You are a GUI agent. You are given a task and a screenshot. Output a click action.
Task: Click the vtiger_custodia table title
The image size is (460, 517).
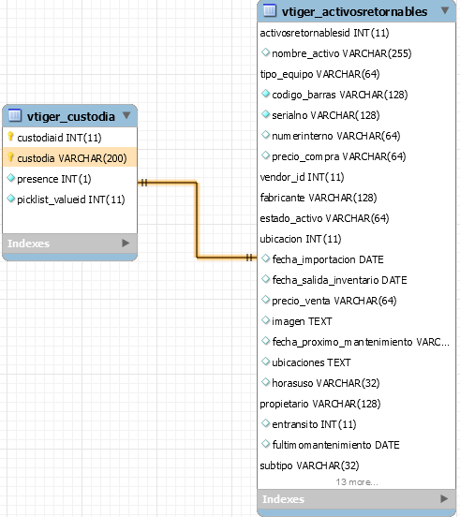pyautogui.click(x=71, y=117)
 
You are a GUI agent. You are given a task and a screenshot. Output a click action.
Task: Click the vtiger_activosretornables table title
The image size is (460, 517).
pyautogui.click(x=354, y=12)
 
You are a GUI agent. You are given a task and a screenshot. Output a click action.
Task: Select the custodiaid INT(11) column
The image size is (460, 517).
pyautogui.click(x=59, y=138)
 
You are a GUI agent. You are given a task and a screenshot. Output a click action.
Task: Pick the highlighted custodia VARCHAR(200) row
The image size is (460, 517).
pyautogui.click(x=70, y=157)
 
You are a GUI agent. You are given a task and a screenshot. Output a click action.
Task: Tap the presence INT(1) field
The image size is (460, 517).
pyautogui.click(x=54, y=179)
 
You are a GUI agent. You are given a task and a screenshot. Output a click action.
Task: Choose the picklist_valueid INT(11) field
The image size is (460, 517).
pyautogui.click(x=71, y=199)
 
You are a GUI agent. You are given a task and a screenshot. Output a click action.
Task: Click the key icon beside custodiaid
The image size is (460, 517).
pyautogui.click(x=10, y=137)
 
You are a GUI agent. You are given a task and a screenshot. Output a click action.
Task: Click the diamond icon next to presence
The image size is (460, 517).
pyautogui.click(x=11, y=178)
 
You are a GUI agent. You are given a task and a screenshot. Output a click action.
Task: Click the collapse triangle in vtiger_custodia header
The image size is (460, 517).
pyautogui.click(x=126, y=115)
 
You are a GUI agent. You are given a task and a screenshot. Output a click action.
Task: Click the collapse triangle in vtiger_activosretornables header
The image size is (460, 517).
pyautogui.click(x=445, y=10)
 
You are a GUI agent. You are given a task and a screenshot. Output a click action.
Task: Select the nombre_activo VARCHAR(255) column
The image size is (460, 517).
pyautogui.click(x=342, y=53)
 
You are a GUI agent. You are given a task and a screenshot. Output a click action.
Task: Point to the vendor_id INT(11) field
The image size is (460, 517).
pyautogui.click(x=302, y=177)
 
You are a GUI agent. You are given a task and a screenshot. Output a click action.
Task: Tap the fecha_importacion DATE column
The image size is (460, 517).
pyautogui.click(x=328, y=259)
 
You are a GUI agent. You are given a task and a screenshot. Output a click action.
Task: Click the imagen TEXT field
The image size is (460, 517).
pyautogui.click(x=302, y=321)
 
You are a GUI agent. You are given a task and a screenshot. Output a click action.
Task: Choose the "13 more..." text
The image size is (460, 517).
pyautogui.click(x=357, y=482)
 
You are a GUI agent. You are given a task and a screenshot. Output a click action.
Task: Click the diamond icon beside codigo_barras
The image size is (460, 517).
pyautogui.click(x=265, y=94)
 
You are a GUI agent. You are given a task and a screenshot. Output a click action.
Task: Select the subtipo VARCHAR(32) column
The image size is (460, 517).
pyautogui.click(x=309, y=465)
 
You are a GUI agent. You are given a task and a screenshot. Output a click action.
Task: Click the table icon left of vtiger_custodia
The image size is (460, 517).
pyautogui.click(x=15, y=115)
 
